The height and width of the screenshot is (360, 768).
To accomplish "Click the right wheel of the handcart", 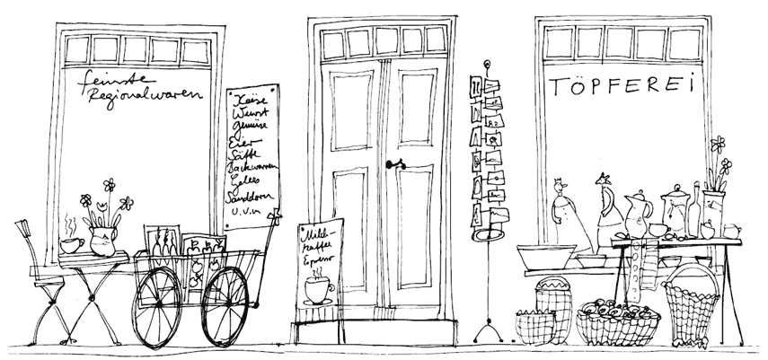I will [225, 305].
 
